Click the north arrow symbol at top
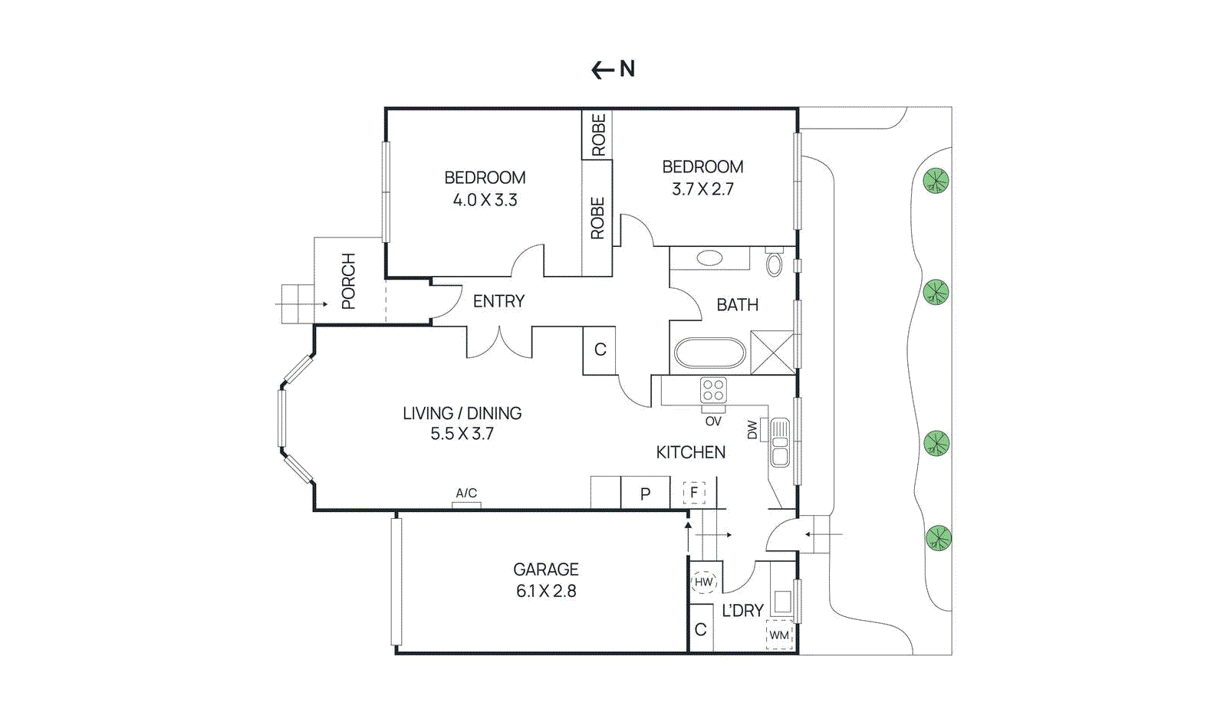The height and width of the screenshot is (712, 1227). [x=613, y=70]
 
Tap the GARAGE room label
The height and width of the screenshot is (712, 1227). [x=545, y=569]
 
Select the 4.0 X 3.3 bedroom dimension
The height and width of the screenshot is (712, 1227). [x=485, y=200]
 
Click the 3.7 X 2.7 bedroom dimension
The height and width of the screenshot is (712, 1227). [x=702, y=189]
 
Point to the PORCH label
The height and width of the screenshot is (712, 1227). [x=349, y=281]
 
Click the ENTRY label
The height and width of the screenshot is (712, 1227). [x=498, y=301]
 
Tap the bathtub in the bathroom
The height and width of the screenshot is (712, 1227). [x=709, y=354]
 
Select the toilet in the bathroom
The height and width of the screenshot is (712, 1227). [x=775, y=264]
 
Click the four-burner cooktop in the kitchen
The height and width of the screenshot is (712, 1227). [x=713, y=390]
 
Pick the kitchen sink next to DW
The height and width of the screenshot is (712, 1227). [x=780, y=443]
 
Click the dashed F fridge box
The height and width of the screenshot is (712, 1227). [x=694, y=492]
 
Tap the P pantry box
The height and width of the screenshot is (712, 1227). [x=645, y=494]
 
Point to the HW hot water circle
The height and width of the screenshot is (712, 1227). [x=703, y=582]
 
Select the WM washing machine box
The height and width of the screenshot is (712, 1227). [x=779, y=635]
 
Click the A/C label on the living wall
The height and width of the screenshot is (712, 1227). [x=466, y=494]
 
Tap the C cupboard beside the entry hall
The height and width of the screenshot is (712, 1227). [x=600, y=350]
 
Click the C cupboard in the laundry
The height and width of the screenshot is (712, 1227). [x=701, y=629]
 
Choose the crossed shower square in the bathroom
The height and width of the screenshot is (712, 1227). [x=772, y=353]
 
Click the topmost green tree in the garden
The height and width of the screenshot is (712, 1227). [x=936, y=182]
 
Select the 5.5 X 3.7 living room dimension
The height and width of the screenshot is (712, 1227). [x=462, y=434]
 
